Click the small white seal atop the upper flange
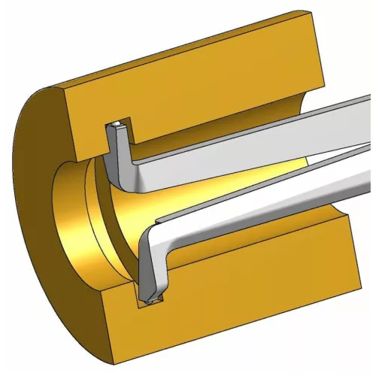(117, 124)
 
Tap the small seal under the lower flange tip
(153, 303)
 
